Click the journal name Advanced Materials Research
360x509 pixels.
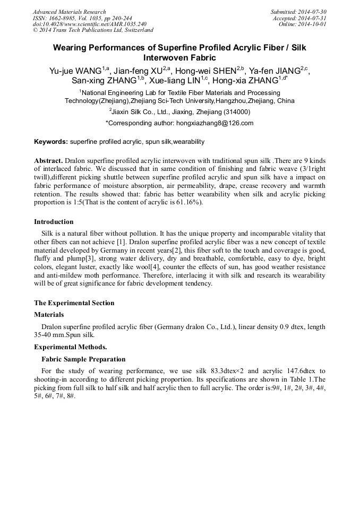pyautogui.click(x=69, y=12)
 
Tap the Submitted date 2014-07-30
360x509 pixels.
pyautogui.click(x=314, y=12)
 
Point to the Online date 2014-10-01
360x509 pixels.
pyautogui.click(x=314, y=24)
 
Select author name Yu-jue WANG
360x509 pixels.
pyautogui.click(x=73, y=70)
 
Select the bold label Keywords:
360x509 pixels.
pyautogui.click(x=51, y=142)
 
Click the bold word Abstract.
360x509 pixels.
pyautogui.click(x=48, y=160)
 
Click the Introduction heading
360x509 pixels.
pyautogui.click(x=54, y=222)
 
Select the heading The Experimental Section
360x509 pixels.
pyautogui.click(x=74, y=303)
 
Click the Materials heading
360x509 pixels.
pyautogui.click(x=49, y=315)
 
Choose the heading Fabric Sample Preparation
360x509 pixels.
pyautogui.click(x=83, y=359)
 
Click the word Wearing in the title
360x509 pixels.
pyautogui.click(x=72, y=48)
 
